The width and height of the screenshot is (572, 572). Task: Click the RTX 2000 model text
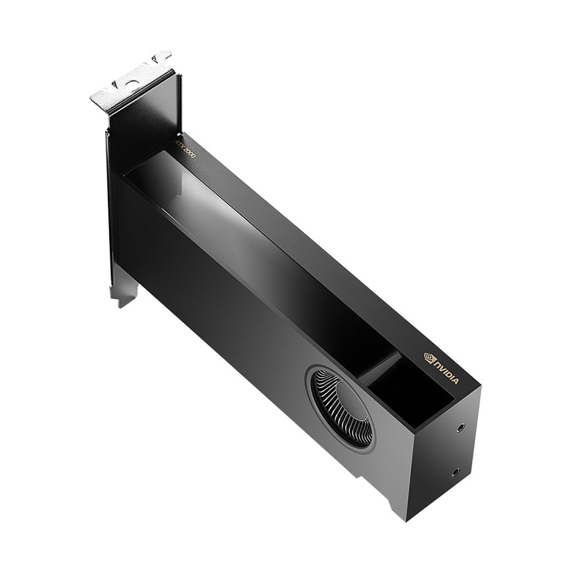[x=185, y=149]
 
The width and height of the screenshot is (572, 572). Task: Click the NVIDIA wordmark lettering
[x=447, y=371]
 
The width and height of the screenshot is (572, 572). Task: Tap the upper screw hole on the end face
[x=462, y=427]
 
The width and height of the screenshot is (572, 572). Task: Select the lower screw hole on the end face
[x=456, y=473]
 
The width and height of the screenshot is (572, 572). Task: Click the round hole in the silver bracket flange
[x=131, y=83]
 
